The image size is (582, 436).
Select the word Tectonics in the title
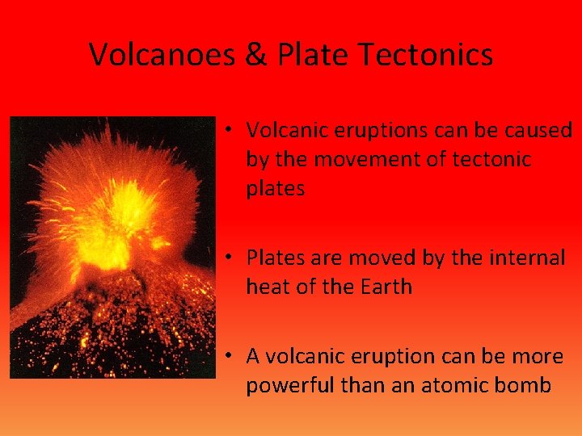click(x=425, y=55)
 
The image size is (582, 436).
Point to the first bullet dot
click(x=230, y=130)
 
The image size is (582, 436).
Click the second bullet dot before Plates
click(x=230, y=258)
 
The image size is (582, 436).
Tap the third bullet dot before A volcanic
click(x=230, y=356)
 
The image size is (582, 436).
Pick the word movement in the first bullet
click(x=364, y=159)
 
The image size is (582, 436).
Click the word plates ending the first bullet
click(x=275, y=189)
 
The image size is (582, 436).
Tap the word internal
click(x=526, y=258)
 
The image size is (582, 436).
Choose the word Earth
click(x=385, y=287)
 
